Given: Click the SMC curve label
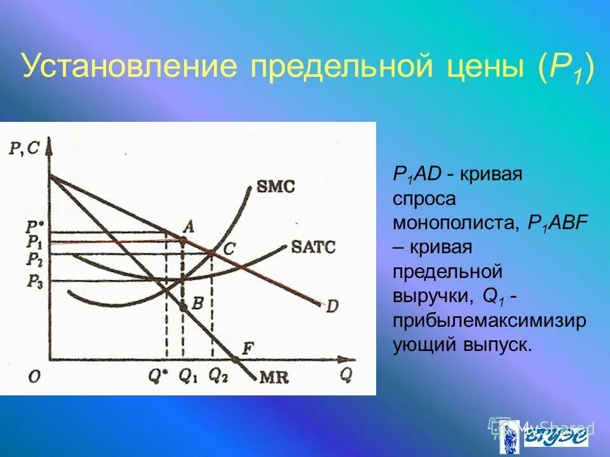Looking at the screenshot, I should tap(276, 187).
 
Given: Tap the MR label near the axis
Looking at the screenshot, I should tap(274, 378).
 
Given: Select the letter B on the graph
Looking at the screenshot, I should tap(197, 304).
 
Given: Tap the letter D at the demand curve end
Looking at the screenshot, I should tap(332, 306).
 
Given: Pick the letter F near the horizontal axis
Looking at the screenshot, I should tap(248, 347).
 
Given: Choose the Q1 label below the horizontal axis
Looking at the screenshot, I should tap(188, 376).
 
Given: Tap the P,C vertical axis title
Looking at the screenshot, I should tap(24, 149).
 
